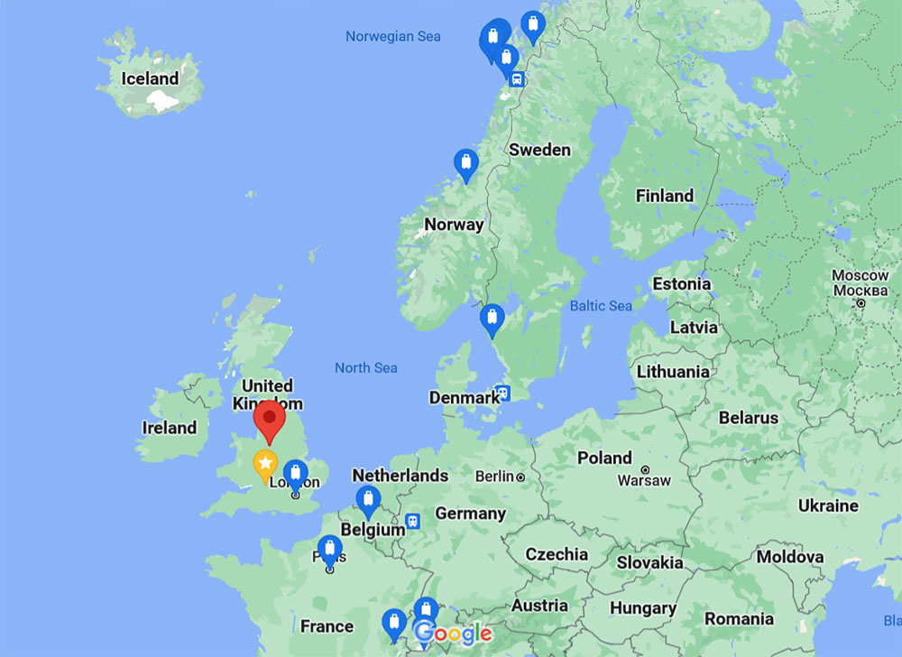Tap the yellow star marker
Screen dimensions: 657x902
click(264, 464)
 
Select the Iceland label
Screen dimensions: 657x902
click(150, 79)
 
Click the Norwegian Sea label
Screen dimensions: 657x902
click(393, 36)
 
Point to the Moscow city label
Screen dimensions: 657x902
click(860, 282)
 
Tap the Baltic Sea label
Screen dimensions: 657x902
click(601, 306)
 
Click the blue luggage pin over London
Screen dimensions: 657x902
click(295, 473)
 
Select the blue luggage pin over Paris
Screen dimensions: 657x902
click(330, 549)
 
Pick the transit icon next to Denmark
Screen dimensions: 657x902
click(502, 393)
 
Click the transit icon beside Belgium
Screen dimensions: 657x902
click(412, 521)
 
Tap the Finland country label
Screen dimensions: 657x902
click(665, 196)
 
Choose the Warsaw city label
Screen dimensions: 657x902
click(644, 480)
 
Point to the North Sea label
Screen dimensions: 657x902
click(366, 367)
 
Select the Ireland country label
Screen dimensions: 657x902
click(170, 428)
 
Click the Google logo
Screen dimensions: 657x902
click(453, 634)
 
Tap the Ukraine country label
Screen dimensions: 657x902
click(828, 505)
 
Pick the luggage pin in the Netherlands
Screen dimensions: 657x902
click(367, 499)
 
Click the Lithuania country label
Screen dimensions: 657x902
click(673, 372)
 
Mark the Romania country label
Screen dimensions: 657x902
click(740, 619)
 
